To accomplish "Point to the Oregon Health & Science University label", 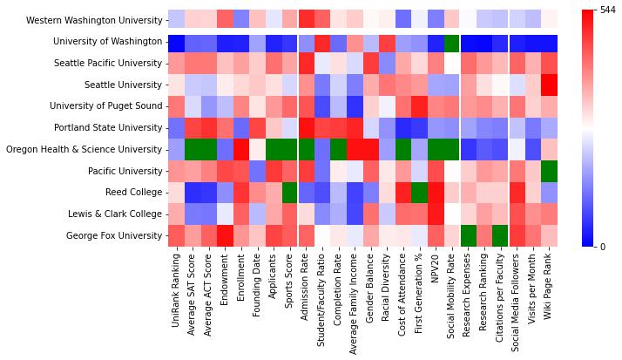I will pos(84,149).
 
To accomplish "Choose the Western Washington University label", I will pos(94,19).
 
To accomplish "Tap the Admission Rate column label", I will pos(307,289).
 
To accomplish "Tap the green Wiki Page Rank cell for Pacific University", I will pos(549,170).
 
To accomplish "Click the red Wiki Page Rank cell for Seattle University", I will pos(549,84).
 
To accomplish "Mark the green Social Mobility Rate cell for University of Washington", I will pos(451,41).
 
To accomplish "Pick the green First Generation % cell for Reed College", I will pos(419,192).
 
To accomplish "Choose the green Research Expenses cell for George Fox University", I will pos(468,234).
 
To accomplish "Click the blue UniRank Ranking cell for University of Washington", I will pos(177,41).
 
